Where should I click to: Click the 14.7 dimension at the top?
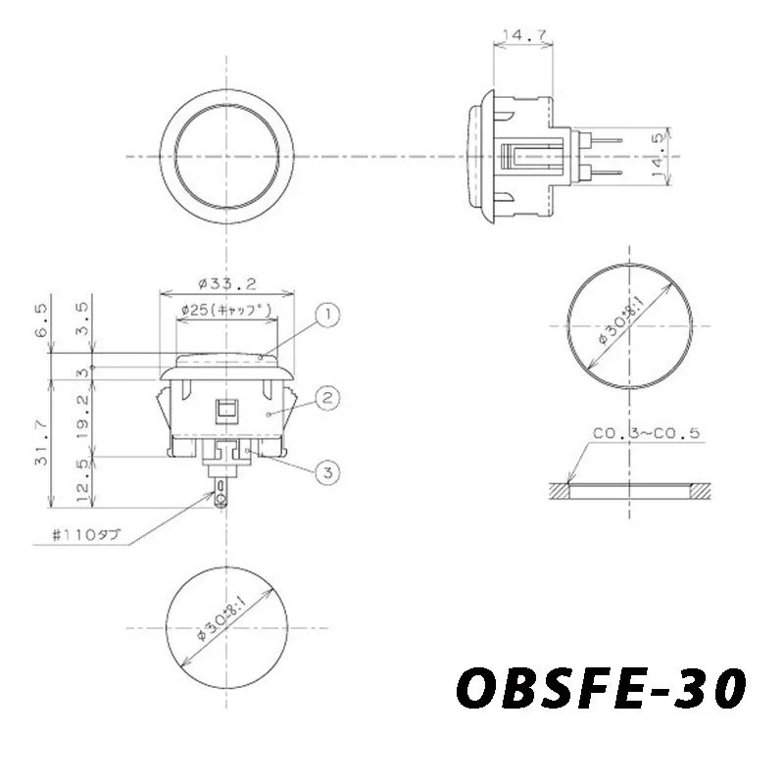click(x=523, y=36)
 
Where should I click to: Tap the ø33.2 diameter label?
click(x=226, y=284)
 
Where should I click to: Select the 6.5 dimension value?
click(x=40, y=319)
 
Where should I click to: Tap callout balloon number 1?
click(x=327, y=315)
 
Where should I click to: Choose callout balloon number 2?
click(x=327, y=398)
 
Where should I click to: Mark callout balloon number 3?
click(x=328, y=472)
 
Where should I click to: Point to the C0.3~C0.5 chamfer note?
click(x=646, y=433)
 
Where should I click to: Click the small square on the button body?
click(x=226, y=409)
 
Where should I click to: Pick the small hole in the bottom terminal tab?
click(x=221, y=501)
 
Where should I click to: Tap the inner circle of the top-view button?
click(x=226, y=157)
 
